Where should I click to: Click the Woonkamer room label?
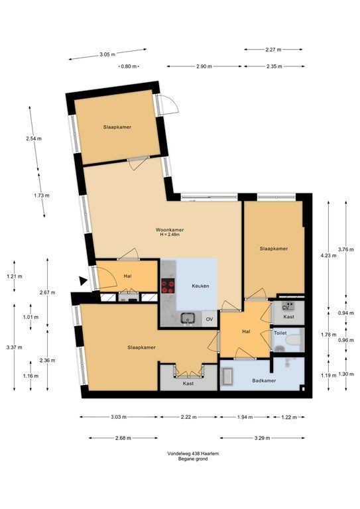pyautogui.click(x=170, y=230)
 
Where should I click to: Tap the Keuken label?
pyautogui.click(x=200, y=286)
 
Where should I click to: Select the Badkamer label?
pyautogui.click(x=264, y=380)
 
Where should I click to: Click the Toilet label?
pyautogui.click(x=280, y=333)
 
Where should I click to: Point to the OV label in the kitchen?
pyautogui.click(x=210, y=319)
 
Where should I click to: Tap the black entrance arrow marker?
pyautogui.click(x=84, y=281)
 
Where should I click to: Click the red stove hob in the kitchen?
pyautogui.click(x=168, y=286)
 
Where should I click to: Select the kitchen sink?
pyautogui.click(x=188, y=318)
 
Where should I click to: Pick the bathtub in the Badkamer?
pyautogui.click(x=227, y=376)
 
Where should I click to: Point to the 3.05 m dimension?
pyautogui.click(x=107, y=54)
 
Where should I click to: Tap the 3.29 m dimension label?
pyautogui.click(x=263, y=438)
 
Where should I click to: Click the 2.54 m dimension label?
pyautogui.click(x=34, y=139)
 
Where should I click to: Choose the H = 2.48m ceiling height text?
pyautogui.click(x=170, y=235)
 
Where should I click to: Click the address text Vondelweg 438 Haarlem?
pyautogui.click(x=193, y=453)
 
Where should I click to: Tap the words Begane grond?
pyautogui.click(x=193, y=459)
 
